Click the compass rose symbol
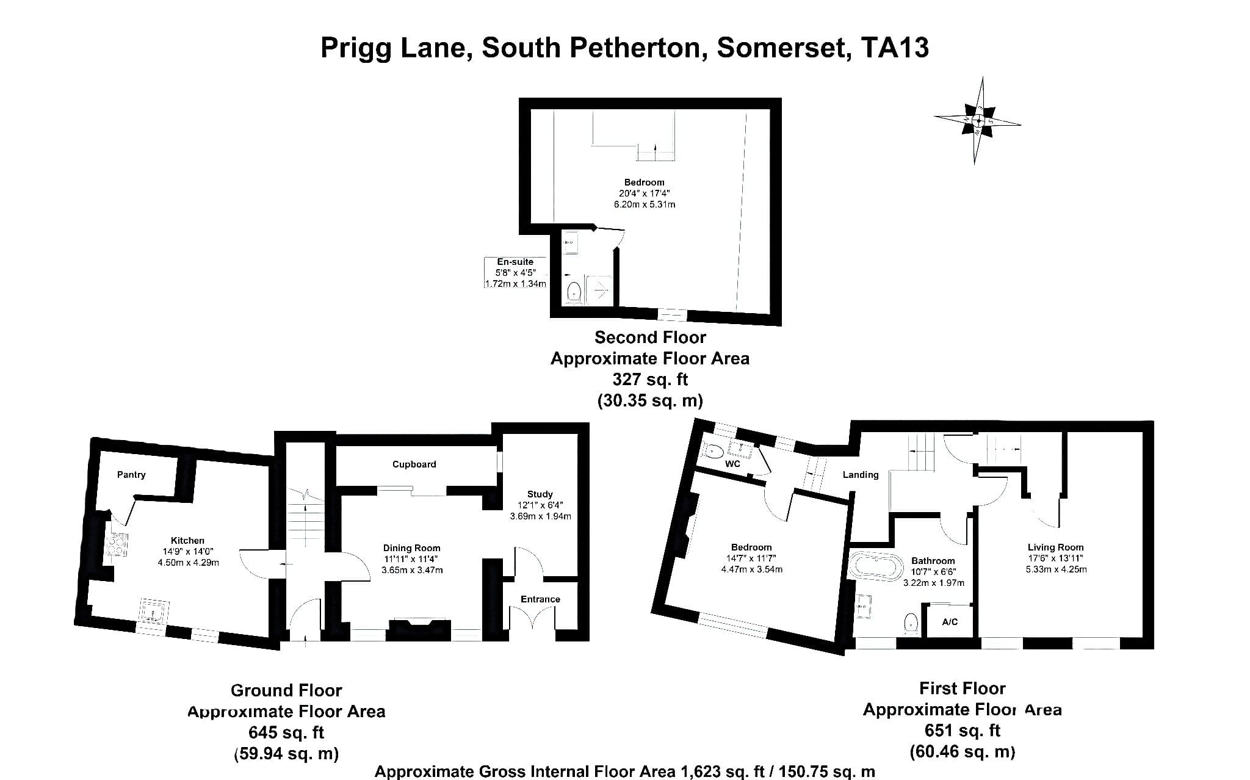(978, 120)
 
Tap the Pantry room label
(131, 474)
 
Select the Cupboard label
(414, 464)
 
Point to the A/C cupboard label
(950, 622)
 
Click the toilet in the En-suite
(574, 292)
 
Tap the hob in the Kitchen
(117, 545)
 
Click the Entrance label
(540, 599)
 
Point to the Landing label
(861, 474)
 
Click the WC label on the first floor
(732, 464)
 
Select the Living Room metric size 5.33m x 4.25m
(1056, 569)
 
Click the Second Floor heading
(650, 337)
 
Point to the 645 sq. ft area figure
(286, 732)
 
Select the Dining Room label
(412, 548)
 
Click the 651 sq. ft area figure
(963, 730)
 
